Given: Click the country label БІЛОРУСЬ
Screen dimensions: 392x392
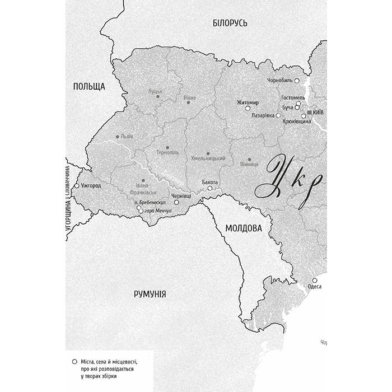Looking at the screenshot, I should click(x=230, y=23).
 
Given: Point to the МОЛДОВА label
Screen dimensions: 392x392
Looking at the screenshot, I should click(x=244, y=228).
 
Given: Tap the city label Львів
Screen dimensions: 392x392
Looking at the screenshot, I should click(x=127, y=137).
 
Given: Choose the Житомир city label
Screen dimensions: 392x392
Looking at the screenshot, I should click(x=246, y=102).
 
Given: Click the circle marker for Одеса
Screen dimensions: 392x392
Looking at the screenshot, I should click(x=315, y=280).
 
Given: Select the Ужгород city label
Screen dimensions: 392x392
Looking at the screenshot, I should click(x=91, y=185).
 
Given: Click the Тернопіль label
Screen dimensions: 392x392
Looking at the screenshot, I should click(x=166, y=153).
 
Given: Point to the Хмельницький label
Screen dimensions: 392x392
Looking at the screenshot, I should click(x=208, y=158).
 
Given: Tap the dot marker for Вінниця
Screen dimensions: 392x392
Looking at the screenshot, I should click(x=249, y=159).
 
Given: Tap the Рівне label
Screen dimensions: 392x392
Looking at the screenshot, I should click(x=190, y=99).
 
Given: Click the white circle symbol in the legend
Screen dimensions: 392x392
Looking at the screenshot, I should click(x=75, y=362).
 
